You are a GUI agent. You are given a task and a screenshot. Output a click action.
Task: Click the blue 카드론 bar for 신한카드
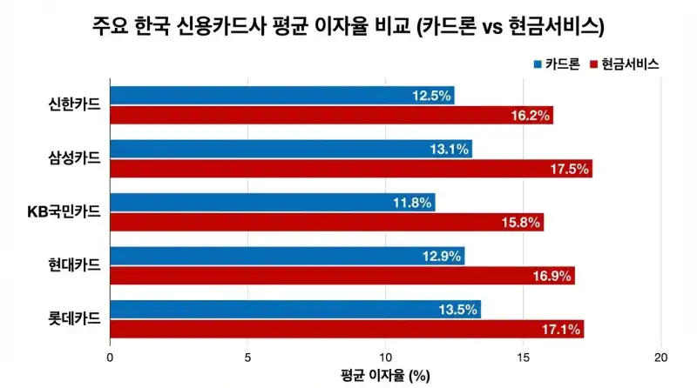[x=261, y=96]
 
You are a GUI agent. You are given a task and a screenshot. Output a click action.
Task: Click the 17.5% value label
[x=570, y=169]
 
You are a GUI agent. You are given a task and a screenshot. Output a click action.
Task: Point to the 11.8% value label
[x=412, y=203]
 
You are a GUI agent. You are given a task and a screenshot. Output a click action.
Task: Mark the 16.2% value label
[x=531, y=116]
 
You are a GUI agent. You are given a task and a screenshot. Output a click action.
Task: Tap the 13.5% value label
[x=458, y=310]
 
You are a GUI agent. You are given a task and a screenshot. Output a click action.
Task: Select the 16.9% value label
[x=552, y=276]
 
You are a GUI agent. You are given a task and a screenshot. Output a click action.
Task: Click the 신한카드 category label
[x=75, y=105]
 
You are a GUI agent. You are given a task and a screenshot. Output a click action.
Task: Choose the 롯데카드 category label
[x=75, y=319]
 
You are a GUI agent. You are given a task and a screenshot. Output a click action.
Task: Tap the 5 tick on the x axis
[x=247, y=358]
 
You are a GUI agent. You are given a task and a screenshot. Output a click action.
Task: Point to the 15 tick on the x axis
[x=523, y=358]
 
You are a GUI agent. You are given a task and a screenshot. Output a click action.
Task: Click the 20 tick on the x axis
[x=660, y=358]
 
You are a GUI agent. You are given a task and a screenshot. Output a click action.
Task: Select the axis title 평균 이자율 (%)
[x=385, y=376]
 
